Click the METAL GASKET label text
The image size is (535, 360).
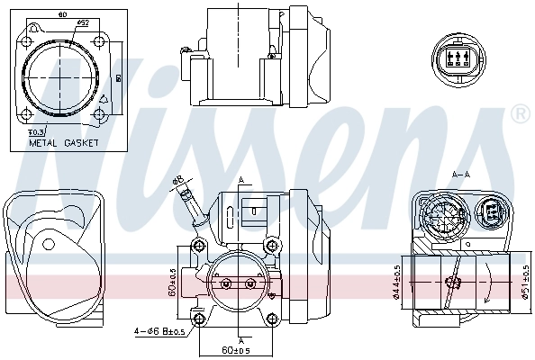click(x=64, y=142)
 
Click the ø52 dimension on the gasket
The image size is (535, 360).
click(x=82, y=21)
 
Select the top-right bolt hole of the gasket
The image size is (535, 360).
click(x=99, y=38)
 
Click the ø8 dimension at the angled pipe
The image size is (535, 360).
click(x=178, y=180)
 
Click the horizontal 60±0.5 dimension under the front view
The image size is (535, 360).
click(x=236, y=349)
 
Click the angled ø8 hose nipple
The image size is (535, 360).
click(x=191, y=205)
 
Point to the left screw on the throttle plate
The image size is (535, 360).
click(x=225, y=284)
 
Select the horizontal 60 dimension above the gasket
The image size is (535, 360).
click(x=60, y=14)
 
